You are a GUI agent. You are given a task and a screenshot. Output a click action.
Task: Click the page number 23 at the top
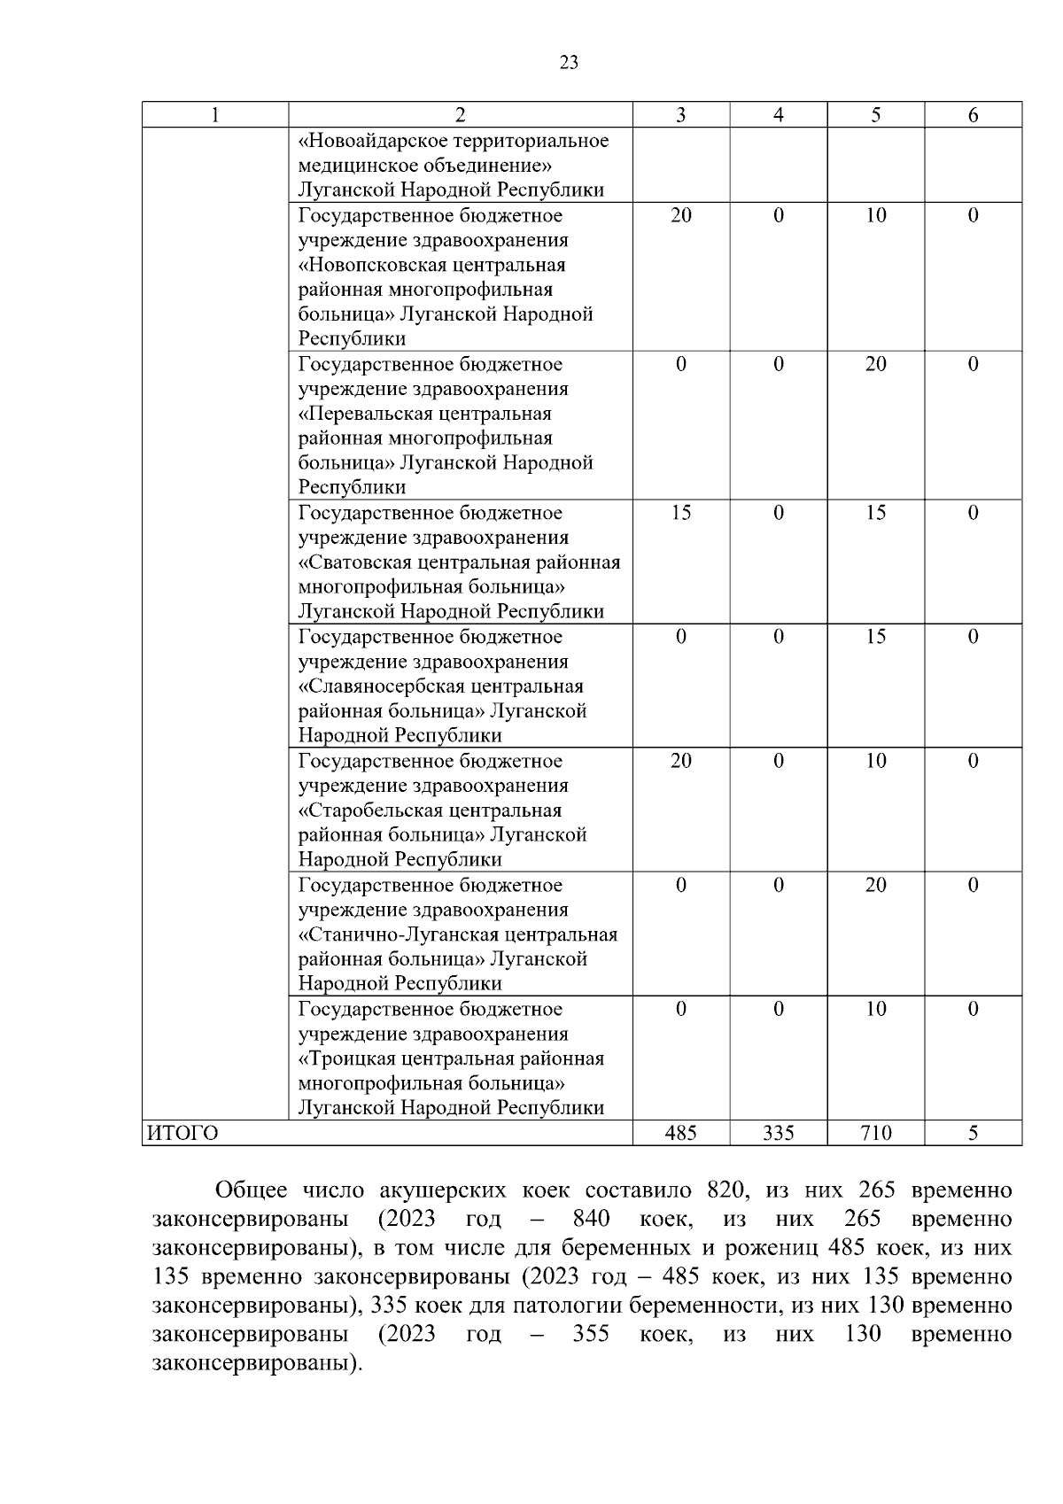tap(570, 62)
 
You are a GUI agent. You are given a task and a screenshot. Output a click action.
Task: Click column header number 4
tap(778, 115)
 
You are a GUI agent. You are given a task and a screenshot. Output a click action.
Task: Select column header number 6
tap(973, 115)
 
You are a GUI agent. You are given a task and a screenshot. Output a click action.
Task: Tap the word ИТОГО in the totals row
tap(182, 1133)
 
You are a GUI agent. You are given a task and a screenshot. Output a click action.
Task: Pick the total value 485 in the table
tap(680, 1133)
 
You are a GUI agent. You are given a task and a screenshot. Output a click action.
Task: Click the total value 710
tap(875, 1133)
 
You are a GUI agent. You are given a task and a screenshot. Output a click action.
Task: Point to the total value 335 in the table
tap(778, 1133)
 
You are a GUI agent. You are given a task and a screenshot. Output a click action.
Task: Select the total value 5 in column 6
tap(973, 1133)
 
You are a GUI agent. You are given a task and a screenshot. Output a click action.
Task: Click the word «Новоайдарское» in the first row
tap(374, 141)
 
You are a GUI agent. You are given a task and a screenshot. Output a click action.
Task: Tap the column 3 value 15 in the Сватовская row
tap(680, 513)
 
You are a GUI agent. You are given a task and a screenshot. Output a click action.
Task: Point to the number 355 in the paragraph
tap(591, 1333)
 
